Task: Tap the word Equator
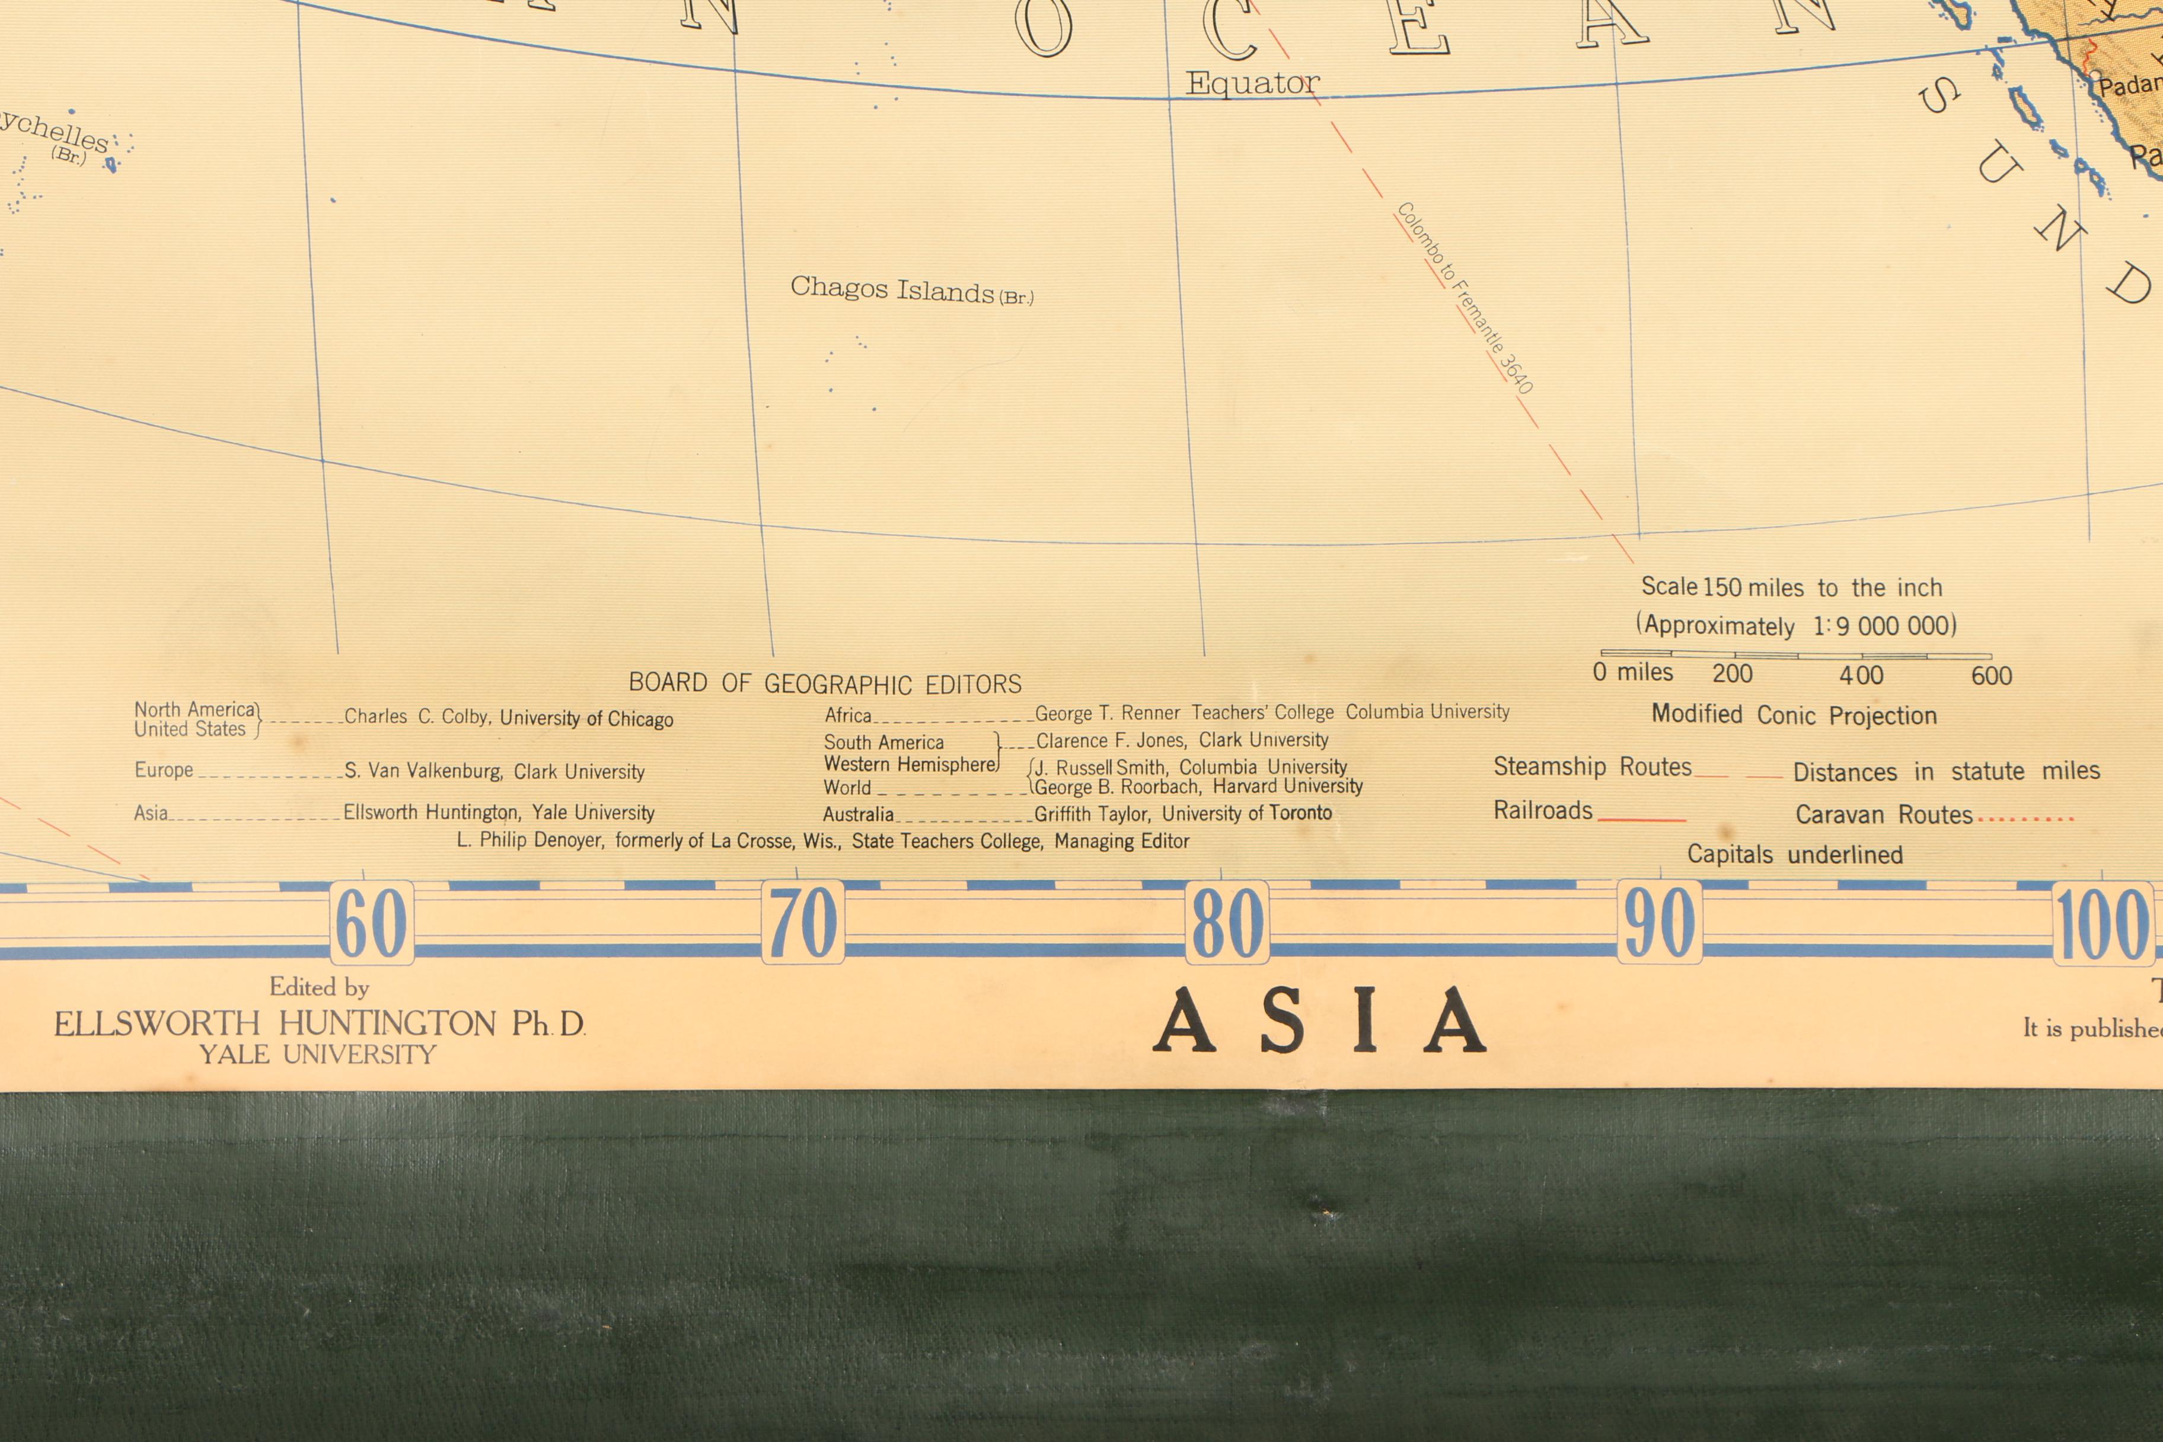click(x=1252, y=84)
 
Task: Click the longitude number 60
click(x=372, y=923)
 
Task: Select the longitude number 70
click(x=803, y=923)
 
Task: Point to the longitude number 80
click(x=1227, y=923)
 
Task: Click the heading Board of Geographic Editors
click(x=825, y=683)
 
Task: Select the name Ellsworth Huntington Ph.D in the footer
click(x=319, y=1023)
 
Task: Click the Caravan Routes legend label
click(x=1883, y=815)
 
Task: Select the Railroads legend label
click(x=1542, y=810)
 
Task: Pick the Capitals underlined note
click(x=1794, y=854)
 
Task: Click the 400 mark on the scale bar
click(x=1861, y=675)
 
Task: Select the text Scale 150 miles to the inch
click(x=1791, y=587)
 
